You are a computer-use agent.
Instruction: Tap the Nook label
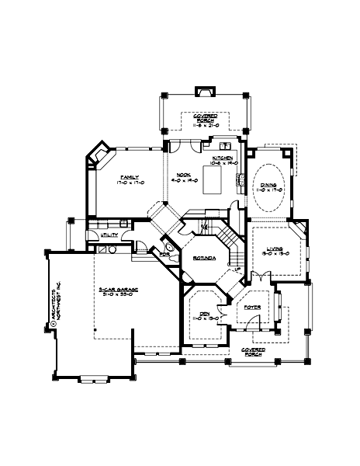183,177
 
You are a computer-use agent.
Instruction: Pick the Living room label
271,251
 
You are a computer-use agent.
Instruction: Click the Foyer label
252,308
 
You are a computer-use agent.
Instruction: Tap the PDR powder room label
164,254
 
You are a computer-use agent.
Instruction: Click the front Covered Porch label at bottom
254,352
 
